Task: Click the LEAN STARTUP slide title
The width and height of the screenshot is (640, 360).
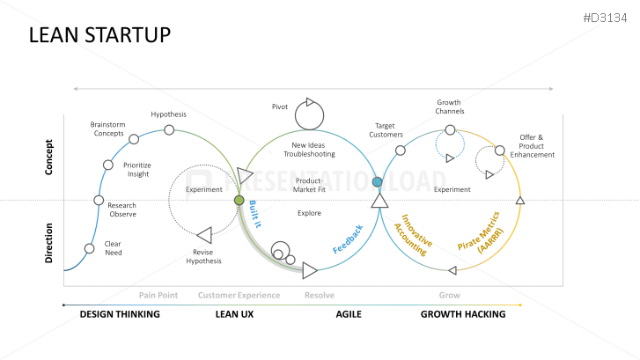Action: pyautogui.click(x=99, y=34)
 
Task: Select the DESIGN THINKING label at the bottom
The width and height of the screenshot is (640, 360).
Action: pyautogui.click(x=120, y=314)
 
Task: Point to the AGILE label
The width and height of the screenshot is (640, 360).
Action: pyautogui.click(x=349, y=314)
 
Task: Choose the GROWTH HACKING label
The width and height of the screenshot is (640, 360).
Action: pyautogui.click(x=463, y=314)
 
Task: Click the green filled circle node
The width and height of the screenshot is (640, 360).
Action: pyautogui.click(x=239, y=200)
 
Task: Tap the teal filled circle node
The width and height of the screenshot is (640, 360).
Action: pyautogui.click(x=378, y=182)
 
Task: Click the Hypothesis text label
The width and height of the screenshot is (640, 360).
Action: pyautogui.click(x=168, y=114)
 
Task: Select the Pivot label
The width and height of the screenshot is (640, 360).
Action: pyautogui.click(x=280, y=107)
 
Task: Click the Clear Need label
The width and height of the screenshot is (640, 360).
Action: pyautogui.click(x=114, y=248)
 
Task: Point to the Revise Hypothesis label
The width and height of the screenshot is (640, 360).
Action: pyautogui.click(x=204, y=256)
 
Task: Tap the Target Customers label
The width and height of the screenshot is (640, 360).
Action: pyautogui.click(x=387, y=130)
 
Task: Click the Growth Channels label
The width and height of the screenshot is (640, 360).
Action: pyautogui.click(x=450, y=107)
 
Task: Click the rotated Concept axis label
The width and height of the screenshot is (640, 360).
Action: pyautogui.click(x=50, y=157)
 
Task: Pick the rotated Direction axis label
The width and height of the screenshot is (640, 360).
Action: pyautogui.click(x=50, y=243)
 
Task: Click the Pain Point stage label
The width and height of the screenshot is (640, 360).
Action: pyautogui.click(x=158, y=296)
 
